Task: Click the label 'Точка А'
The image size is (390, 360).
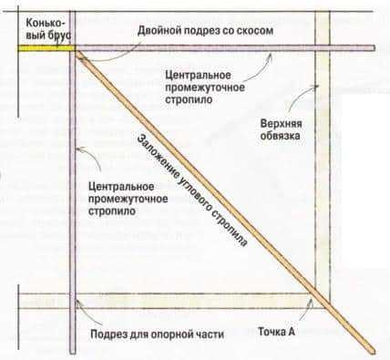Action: point(276,333)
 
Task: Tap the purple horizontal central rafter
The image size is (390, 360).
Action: point(228,46)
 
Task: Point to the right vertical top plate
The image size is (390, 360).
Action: point(320,182)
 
